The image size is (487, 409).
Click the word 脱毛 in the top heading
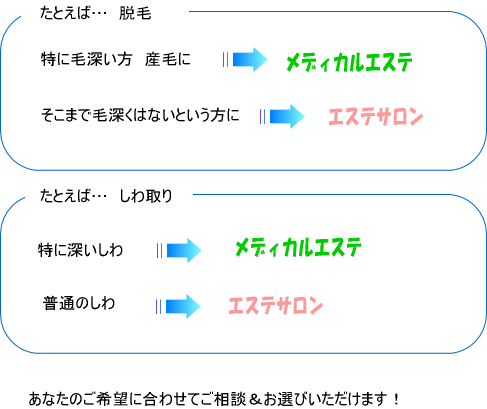click(x=135, y=14)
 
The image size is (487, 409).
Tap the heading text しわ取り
click(x=146, y=196)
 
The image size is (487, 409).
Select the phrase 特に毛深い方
click(x=86, y=59)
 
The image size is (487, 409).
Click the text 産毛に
click(x=168, y=59)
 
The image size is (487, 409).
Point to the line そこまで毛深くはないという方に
click(x=140, y=115)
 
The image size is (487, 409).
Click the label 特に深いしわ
click(x=81, y=250)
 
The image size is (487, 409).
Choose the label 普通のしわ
click(x=79, y=303)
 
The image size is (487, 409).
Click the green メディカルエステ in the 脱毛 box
click(x=349, y=62)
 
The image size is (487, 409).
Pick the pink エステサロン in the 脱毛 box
click(x=376, y=117)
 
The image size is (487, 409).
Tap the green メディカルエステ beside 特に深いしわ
click(x=298, y=247)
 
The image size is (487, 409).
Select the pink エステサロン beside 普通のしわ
click(x=276, y=305)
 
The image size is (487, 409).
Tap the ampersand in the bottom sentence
click(x=255, y=399)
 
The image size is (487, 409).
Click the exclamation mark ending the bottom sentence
click(x=396, y=399)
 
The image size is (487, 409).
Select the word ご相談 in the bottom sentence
click(x=224, y=399)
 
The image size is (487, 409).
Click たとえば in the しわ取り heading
click(x=65, y=196)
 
